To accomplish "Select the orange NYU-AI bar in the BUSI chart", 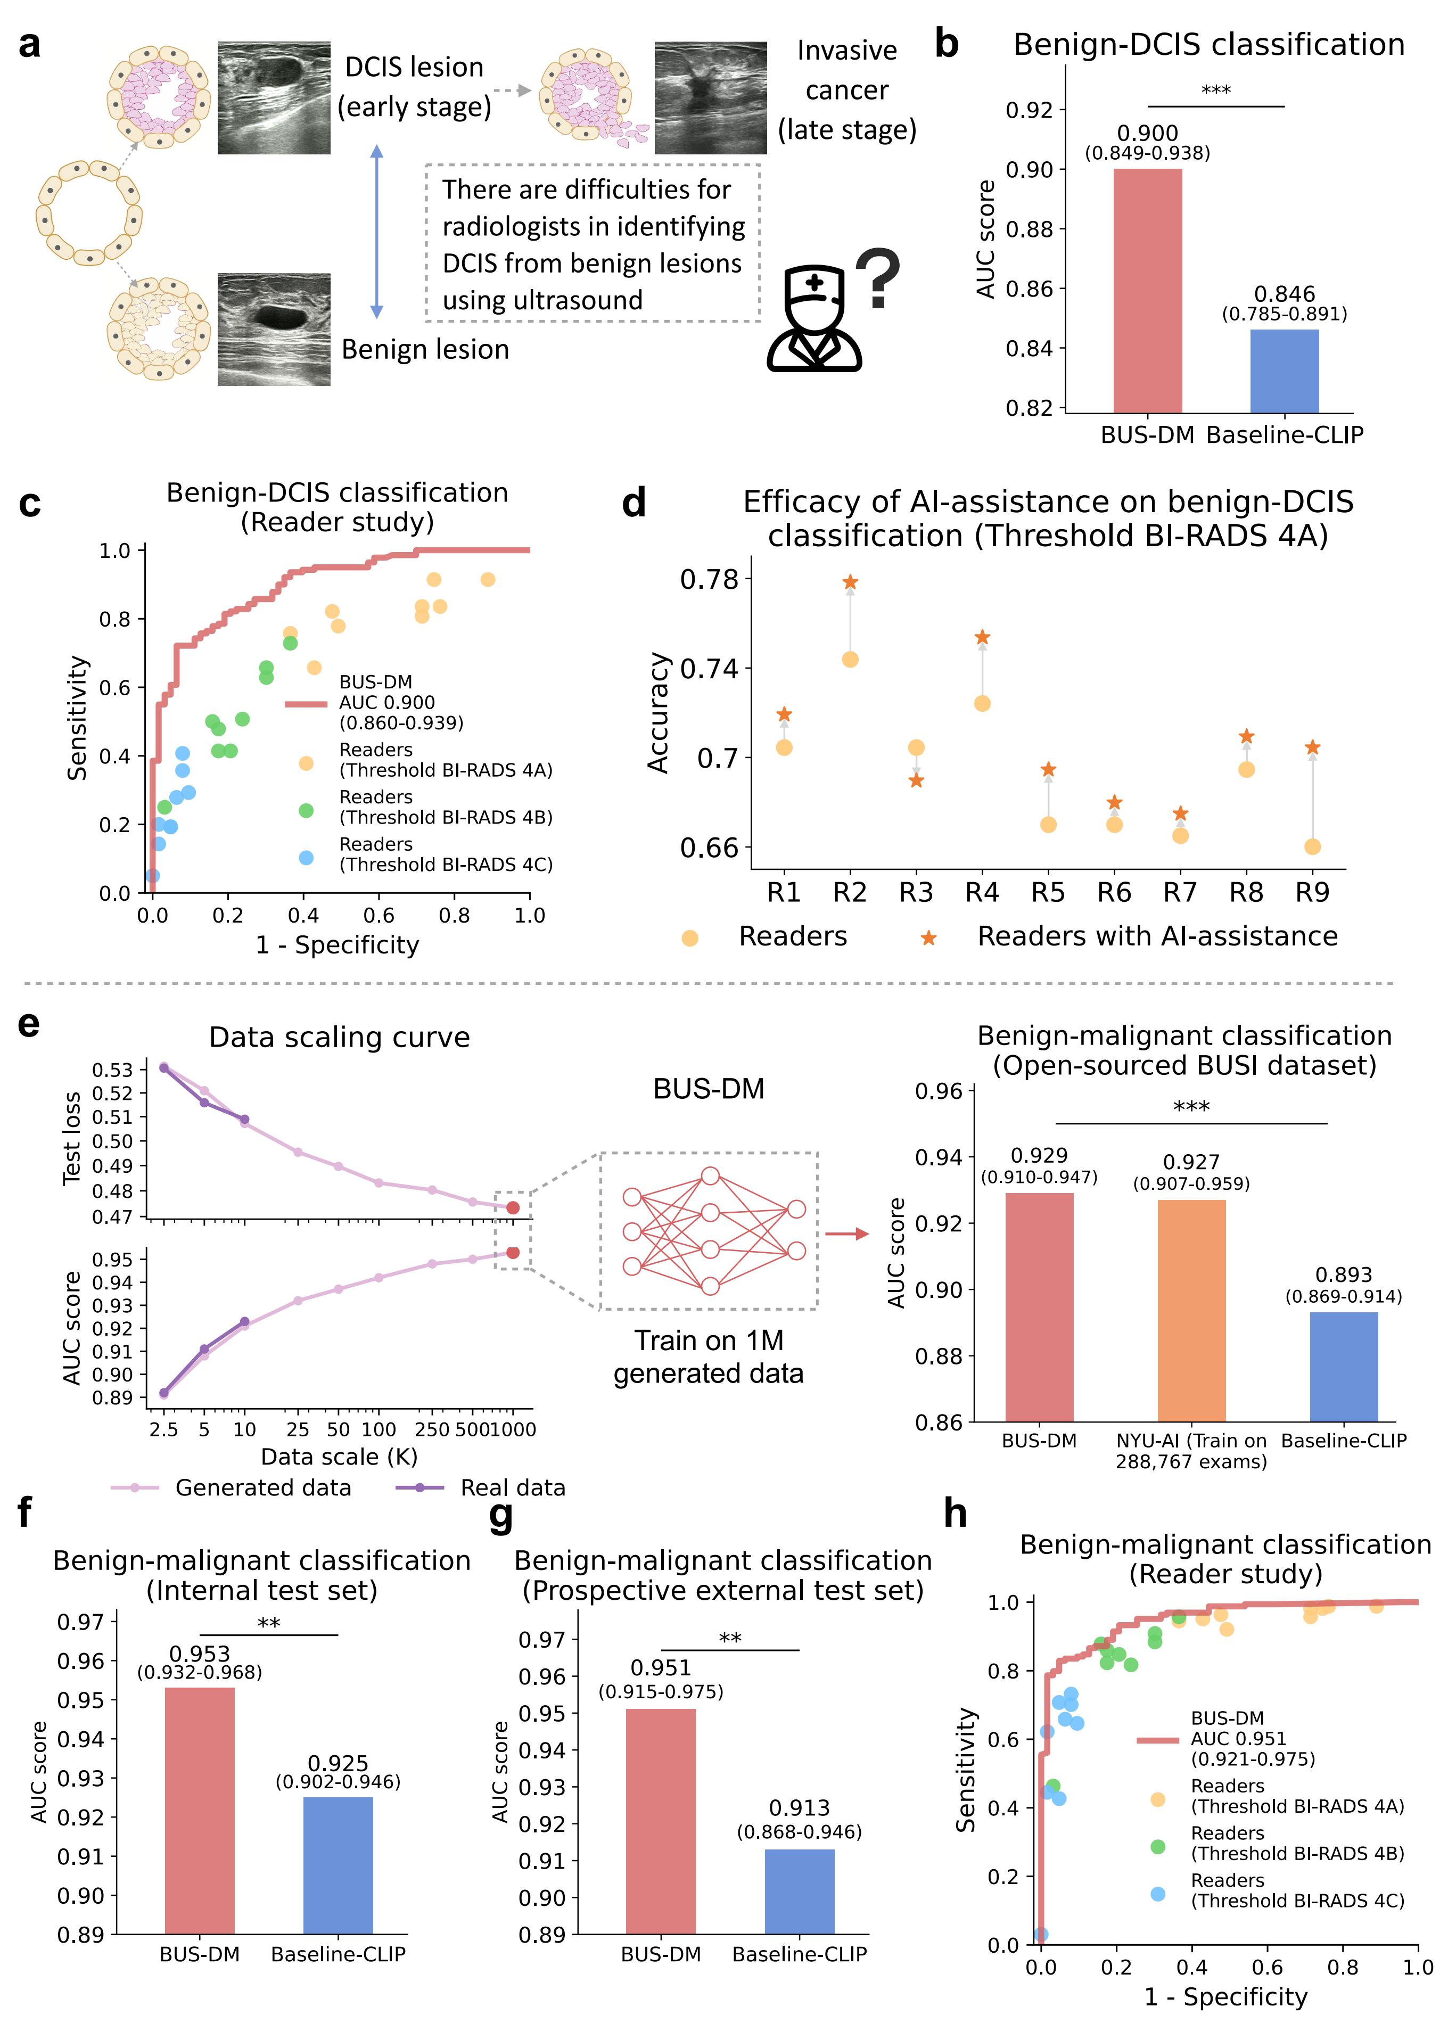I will (1191, 1311).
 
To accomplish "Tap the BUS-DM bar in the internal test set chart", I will (200, 1810).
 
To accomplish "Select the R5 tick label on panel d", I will (1048, 892).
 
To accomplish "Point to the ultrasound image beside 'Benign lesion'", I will (274, 330).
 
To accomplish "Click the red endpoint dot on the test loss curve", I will (513, 1207).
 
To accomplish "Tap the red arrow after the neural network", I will (846, 1234).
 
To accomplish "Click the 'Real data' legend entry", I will (512, 1487).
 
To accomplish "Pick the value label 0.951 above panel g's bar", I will (661, 1667).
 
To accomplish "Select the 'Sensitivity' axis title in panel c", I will (78, 719).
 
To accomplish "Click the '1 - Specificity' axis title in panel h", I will (1226, 1996).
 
